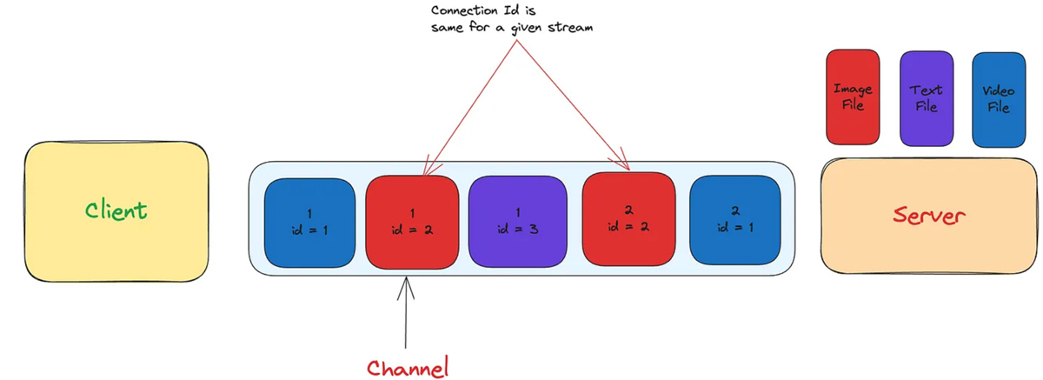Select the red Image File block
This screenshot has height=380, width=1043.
tap(853, 97)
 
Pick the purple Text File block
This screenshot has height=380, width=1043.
tap(927, 98)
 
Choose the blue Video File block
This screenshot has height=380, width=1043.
tap(998, 100)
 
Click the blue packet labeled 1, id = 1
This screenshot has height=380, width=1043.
tap(309, 223)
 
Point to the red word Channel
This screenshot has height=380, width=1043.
tap(408, 367)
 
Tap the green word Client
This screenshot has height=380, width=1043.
tap(116, 210)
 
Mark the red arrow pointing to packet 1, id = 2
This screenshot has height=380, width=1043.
tap(469, 104)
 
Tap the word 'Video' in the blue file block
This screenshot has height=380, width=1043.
tap(998, 91)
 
